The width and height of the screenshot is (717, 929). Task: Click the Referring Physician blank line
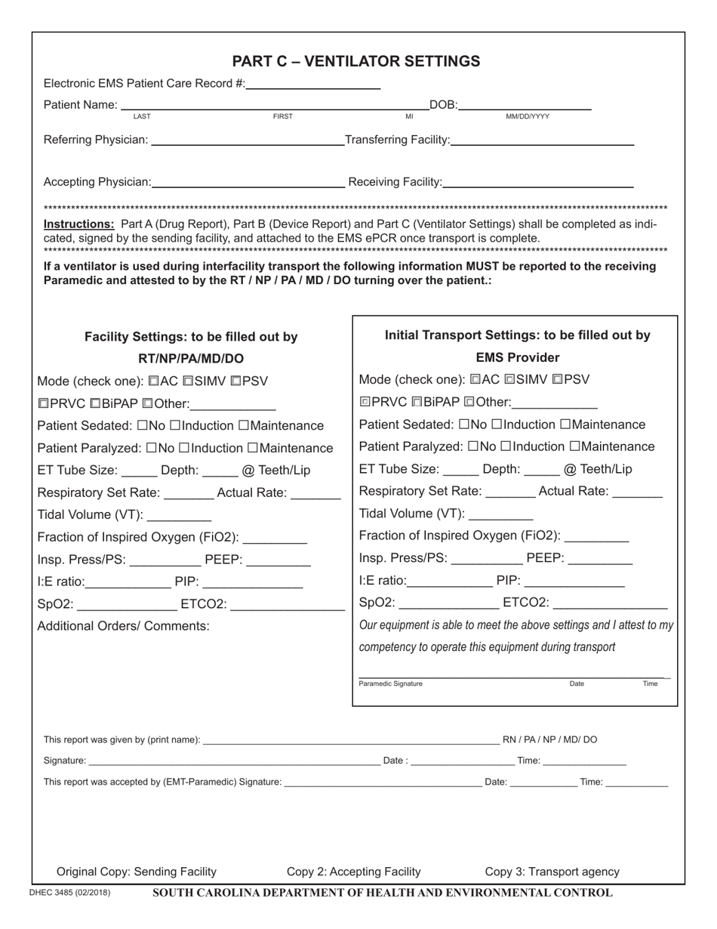[247, 140]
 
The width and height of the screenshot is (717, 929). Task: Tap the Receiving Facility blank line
[538, 182]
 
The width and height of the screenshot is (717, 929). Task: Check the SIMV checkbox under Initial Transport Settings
[509, 380]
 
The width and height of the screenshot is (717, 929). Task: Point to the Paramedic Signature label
[390, 684]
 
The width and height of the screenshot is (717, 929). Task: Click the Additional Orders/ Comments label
[123, 626]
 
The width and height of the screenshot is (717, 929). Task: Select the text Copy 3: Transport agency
[552, 872]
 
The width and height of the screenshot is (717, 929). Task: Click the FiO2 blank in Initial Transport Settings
[596, 537]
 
